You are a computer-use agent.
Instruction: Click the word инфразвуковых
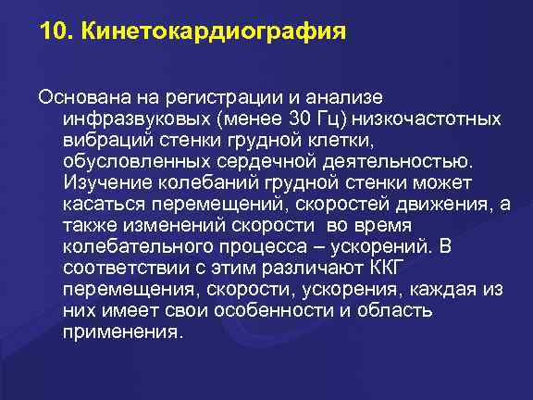coord(124,119)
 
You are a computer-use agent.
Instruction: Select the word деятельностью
coord(398,159)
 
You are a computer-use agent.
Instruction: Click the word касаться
coord(100,204)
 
